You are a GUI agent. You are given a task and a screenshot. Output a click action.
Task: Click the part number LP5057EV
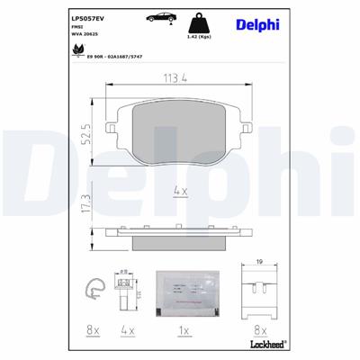pyautogui.click(x=89, y=16)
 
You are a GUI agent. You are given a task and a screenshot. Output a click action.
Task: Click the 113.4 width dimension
pyautogui.click(x=176, y=79)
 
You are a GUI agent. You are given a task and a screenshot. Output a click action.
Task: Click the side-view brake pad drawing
pyautogui.click(x=178, y=236)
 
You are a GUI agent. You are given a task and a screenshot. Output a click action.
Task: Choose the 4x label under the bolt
pyautogui.click(x=127, y=331)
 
